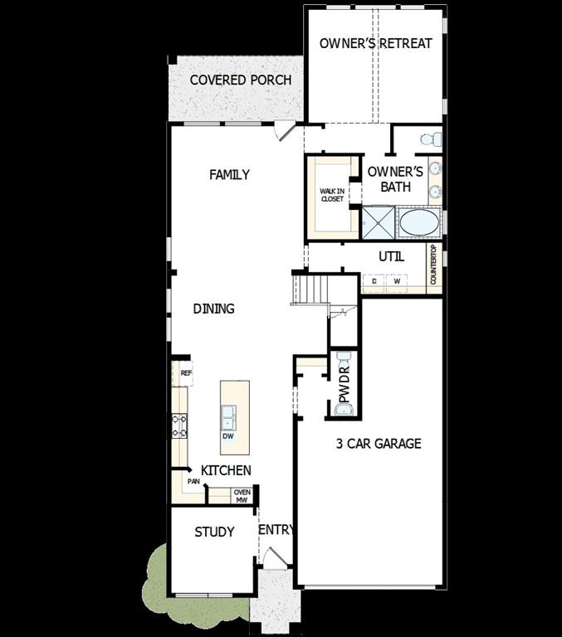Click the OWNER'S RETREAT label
coord(376,43)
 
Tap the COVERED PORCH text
coord(241,80)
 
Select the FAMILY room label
coord(229,175)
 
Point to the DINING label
coord(214,309)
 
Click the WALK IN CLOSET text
coord(332,195)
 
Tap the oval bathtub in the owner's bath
coord(422,223)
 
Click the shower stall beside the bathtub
coord(379,222)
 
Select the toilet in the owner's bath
coord(429,139)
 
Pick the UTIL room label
coord(392,257)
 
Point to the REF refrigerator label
coord(186,373)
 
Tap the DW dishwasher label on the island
coord(227,436)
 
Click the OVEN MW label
coord(242,496)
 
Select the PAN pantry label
coord(193,481)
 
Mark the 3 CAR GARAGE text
coord(379,444)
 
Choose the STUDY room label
coord(214,532)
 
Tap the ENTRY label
coord(276,530)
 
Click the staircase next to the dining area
coord(312,289)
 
